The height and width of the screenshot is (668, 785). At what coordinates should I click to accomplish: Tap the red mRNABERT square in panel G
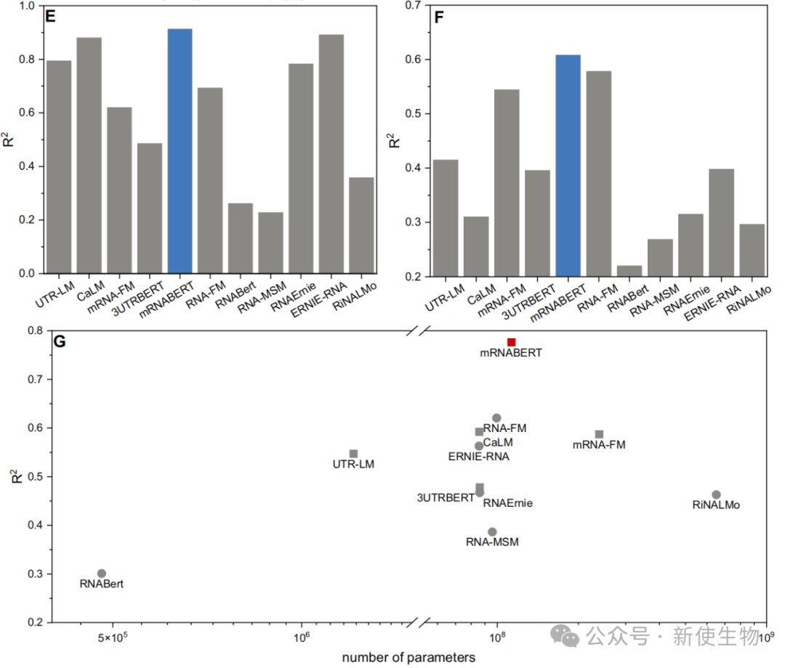tap(511, 342)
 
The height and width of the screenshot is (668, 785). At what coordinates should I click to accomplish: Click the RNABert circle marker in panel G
tap(102, 574)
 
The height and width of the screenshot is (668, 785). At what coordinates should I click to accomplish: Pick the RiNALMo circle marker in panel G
tap(716, 494)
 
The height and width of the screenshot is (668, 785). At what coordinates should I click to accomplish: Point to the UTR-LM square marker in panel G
tap(353, 454)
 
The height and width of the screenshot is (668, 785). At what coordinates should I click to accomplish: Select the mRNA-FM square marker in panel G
tap(599, 434)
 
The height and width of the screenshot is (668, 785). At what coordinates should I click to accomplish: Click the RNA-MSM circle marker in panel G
tap(492, 531)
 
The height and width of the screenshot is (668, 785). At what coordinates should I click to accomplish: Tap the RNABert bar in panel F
tap(629, 271)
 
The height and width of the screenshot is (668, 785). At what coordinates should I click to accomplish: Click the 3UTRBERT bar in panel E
tap(150, 208)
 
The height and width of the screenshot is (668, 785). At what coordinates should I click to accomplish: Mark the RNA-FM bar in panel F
tap(598, 174)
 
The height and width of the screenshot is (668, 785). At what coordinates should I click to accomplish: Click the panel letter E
tap(50, 18)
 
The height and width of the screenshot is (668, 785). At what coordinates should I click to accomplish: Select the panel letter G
tap(60, 341)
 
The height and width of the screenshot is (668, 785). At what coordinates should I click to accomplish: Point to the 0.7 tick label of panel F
tap(414, 5)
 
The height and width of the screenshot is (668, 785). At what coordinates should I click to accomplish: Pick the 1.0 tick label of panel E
tap(26, 6)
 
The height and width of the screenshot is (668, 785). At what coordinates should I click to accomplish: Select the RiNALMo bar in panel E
tap(362, 225)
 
